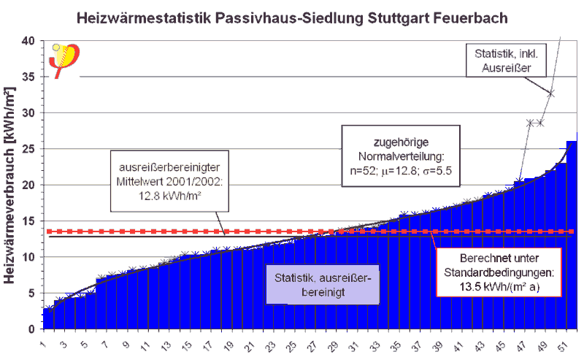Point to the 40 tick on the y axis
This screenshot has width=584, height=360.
(28, 41)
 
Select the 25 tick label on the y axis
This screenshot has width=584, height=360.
(28, 149)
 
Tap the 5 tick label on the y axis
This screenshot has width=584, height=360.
(31, 294)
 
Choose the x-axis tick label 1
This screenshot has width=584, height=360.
(45, 344)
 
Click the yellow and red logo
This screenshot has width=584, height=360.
(63, 60)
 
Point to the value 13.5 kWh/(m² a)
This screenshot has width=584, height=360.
(499, 286)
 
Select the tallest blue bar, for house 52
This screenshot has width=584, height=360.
(571, 234)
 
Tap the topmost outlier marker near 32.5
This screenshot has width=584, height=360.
(550, 93)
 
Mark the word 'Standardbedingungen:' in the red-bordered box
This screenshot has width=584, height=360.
(499, 272)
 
